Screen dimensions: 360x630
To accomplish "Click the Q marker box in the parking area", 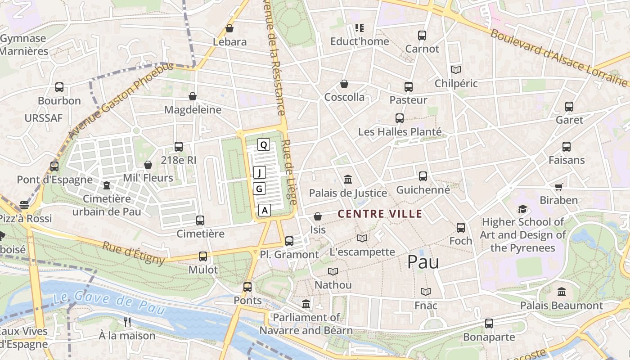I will pyautogui.click(x=264, y=144).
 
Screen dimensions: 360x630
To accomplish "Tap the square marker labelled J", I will pyautogui.click(x=259, y=172).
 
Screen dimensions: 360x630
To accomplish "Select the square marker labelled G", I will pyautogui.click(x=259, y=189).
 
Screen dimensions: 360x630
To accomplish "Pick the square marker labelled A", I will pyautogui.click(x=265, y=210).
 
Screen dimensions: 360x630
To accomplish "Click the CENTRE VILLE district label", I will pyautogui.click(x=380, y=214).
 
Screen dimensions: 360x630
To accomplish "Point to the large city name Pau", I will pyautogui.click(x=423, y=262).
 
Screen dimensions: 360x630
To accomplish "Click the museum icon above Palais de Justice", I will pyautogui.click(x=347, y=180).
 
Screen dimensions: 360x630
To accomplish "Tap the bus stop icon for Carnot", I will pyautogui.click(x=422, y=35).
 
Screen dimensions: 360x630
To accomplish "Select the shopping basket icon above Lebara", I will pyautogui.click(x=229, y=28).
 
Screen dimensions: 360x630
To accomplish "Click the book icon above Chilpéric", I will pyautogui.click(x=456, y=70).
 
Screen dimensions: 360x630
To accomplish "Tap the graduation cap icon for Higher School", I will pyautogui.click(x=522, y=209).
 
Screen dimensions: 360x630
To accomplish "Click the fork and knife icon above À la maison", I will pyautogui.click(x=127, y=322).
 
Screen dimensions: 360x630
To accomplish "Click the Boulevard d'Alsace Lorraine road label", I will pyautogui.click(x=558, y=58).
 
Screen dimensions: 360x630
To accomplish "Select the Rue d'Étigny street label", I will pyautogui.click(x=134, y=253).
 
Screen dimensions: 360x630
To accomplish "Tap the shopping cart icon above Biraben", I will pyautogui.click(x=558, y=187).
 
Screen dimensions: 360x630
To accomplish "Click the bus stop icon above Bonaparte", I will pyautogui.click(x=489, y=323).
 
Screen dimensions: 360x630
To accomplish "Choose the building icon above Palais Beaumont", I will pyautogui.click(x=561, y=292).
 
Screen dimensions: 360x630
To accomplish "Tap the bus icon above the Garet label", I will pyautogui.click(x=569, y=107).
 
